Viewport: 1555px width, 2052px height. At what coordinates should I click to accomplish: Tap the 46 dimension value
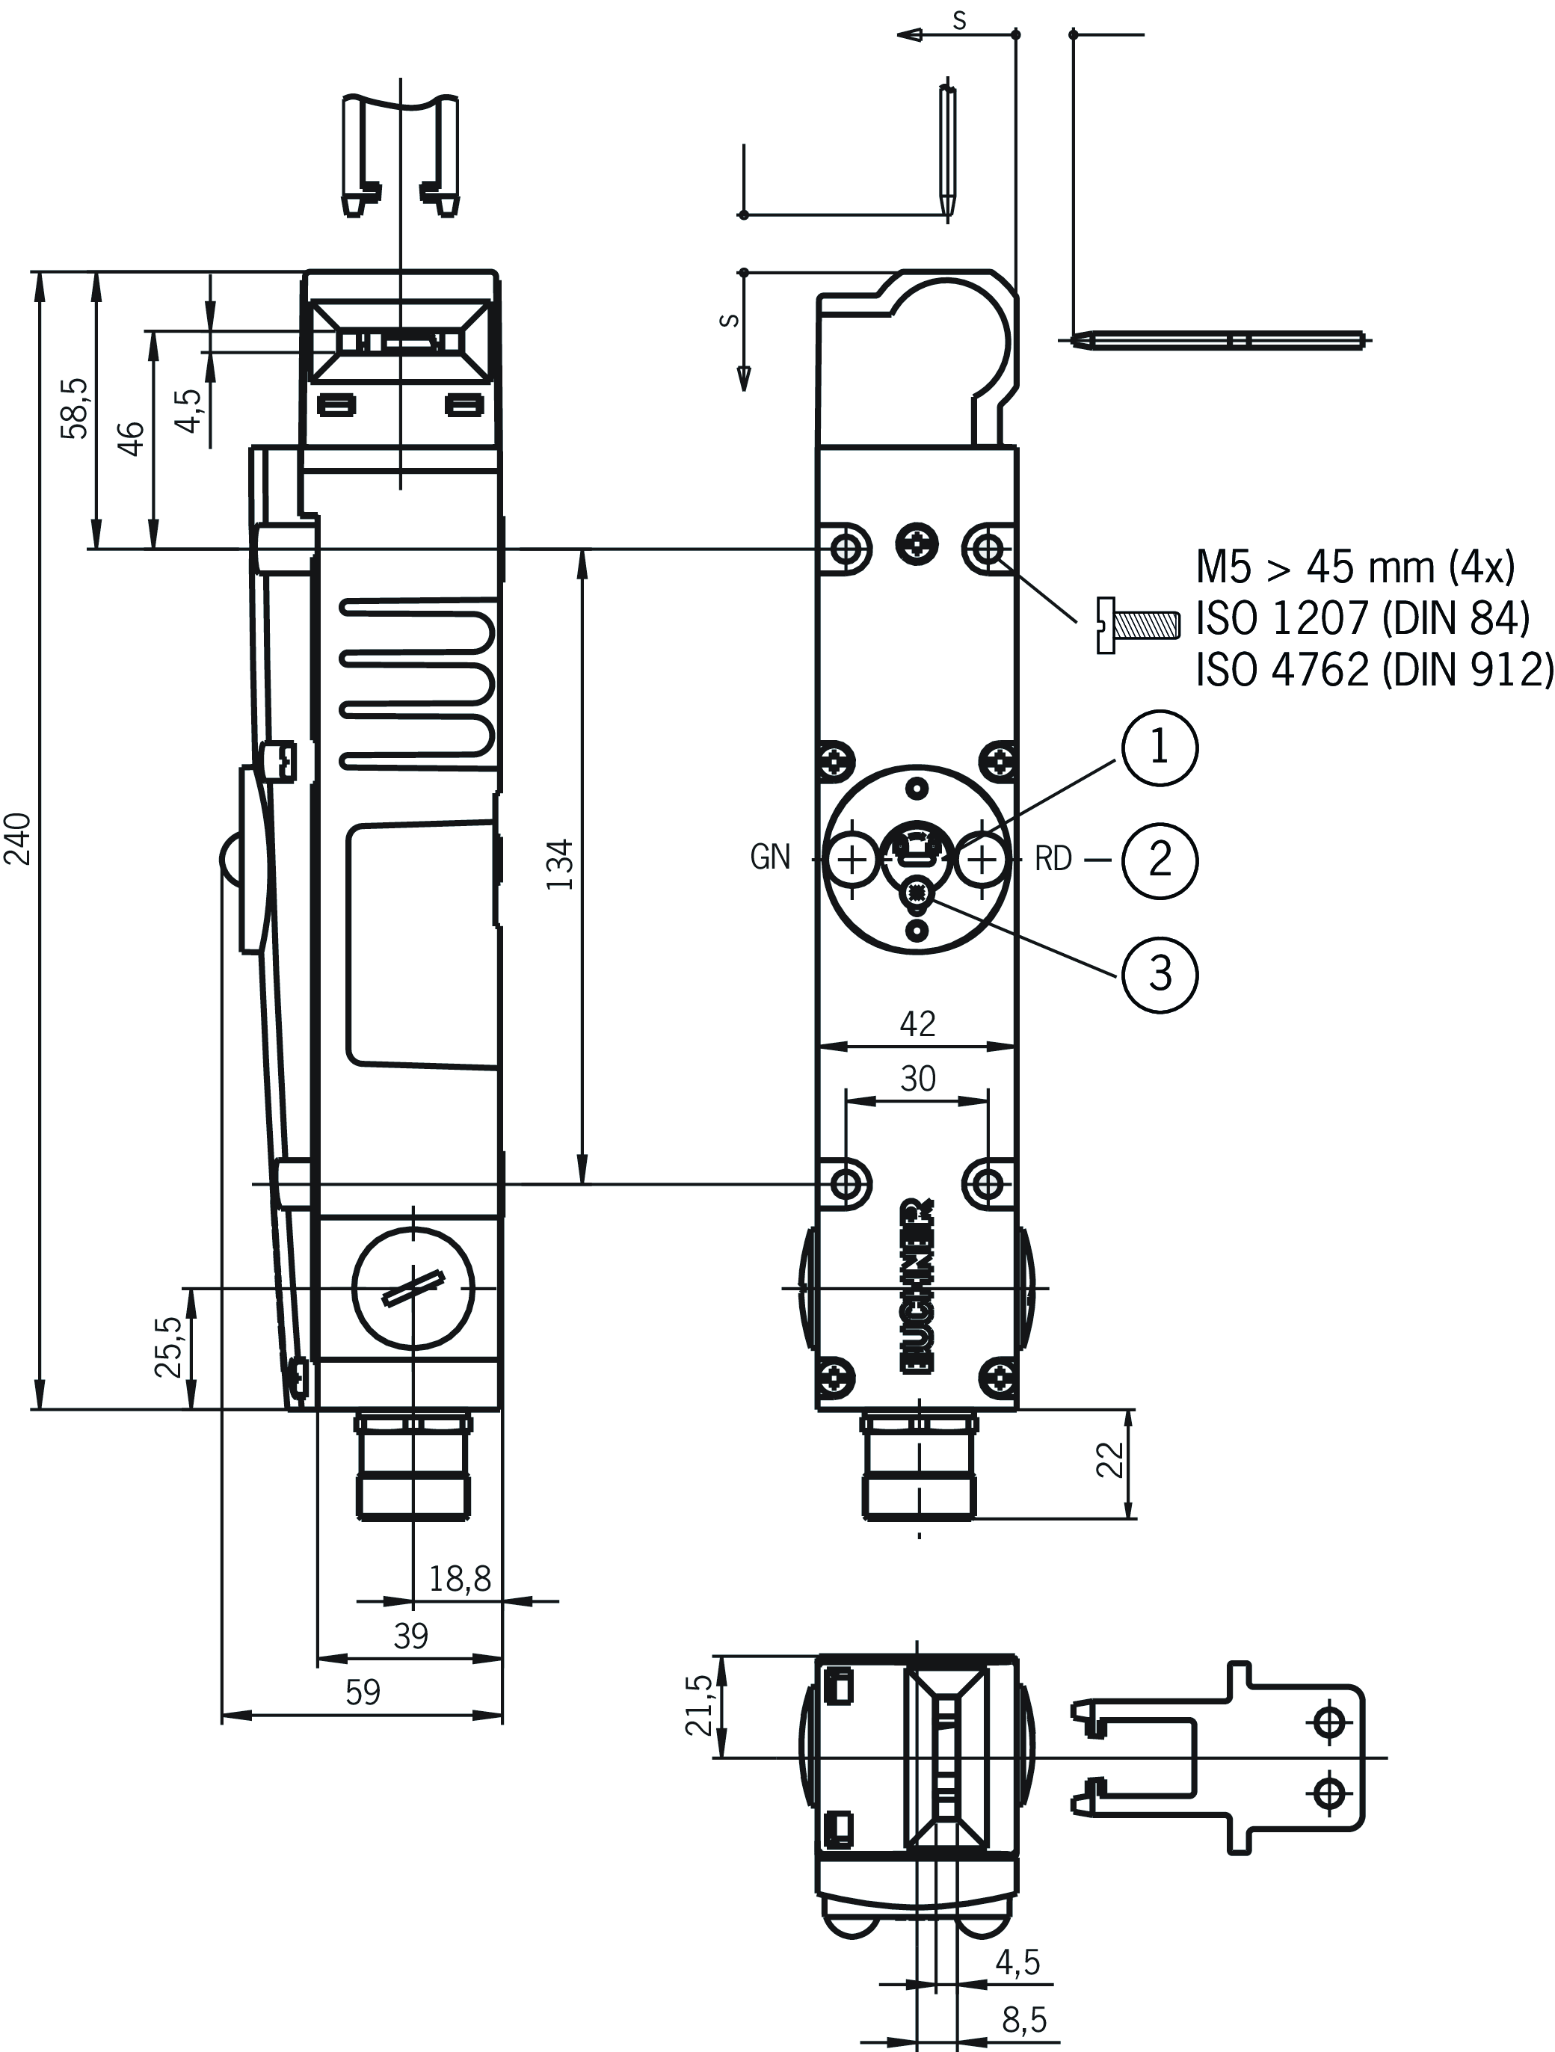point(132,438)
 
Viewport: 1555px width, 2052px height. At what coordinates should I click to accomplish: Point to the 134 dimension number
point(559,865)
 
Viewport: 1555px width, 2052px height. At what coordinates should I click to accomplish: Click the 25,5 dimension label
point(170,1347)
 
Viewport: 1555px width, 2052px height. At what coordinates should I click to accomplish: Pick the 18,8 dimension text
point(459,1578)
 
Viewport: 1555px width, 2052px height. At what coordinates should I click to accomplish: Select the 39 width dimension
point(410,1635)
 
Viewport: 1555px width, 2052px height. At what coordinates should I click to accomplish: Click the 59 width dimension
point(363,1692)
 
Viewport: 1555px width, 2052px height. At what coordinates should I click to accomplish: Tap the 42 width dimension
point(917,1023)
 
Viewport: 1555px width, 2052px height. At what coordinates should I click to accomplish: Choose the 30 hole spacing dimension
point(917,1078)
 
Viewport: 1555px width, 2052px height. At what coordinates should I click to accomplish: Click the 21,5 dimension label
point(699,1704)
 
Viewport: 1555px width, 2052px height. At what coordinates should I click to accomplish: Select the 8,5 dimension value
point(1023,2021)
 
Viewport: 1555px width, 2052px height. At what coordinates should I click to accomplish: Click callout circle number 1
point(1160,748)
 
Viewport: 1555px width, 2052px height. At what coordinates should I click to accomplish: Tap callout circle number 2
point(1160,860)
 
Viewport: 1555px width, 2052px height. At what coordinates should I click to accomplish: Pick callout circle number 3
point(1160,974)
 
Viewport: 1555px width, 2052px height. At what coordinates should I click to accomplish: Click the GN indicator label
point(770,858)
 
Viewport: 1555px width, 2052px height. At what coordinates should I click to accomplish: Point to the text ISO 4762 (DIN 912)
point(1374,669)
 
